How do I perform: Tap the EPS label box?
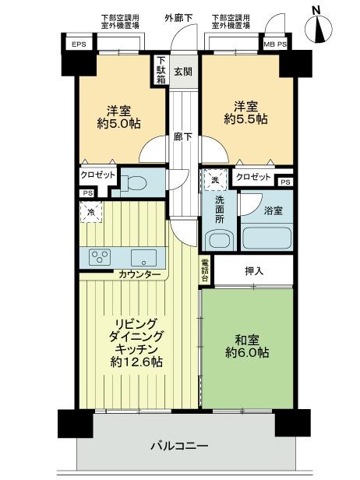[x=79, y=44]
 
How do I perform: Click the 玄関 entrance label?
[x=182, y=73]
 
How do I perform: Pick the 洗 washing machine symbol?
[x=215, y=180]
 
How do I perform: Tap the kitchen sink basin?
[x=143, y=257]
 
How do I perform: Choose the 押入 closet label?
[x=253, y=272]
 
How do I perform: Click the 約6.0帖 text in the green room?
[x=248, y=353]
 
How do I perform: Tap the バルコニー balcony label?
[x=180, y=446]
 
